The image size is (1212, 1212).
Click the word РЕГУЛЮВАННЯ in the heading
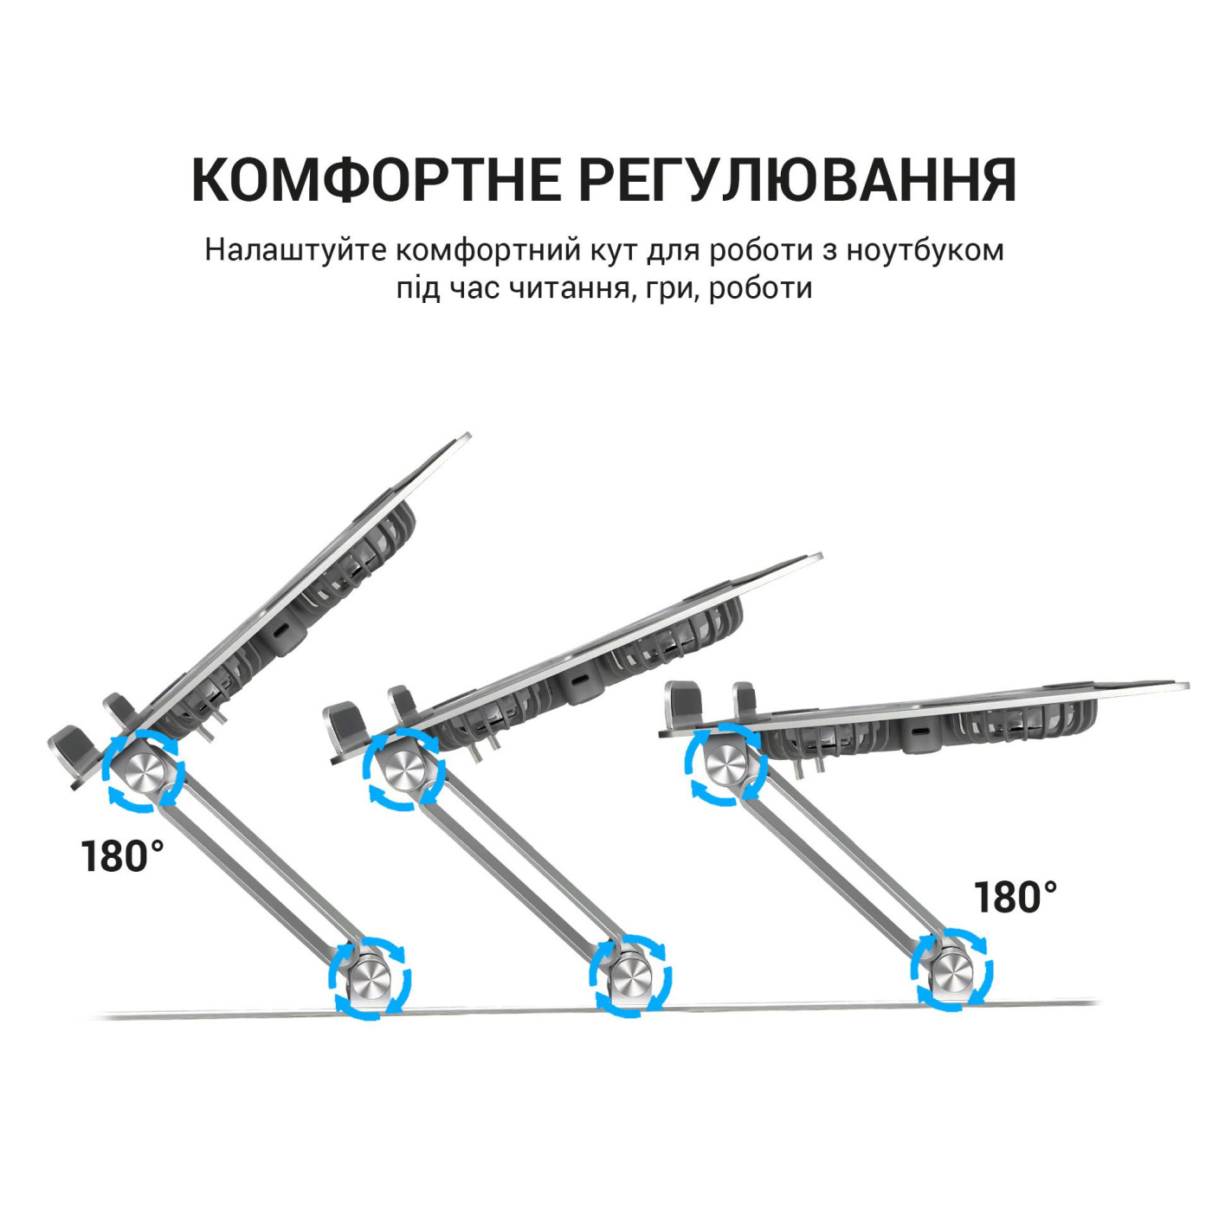pyautogui.click(x=796, y=180)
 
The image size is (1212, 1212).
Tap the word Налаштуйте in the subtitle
pyautogui.click(x=296, y=249)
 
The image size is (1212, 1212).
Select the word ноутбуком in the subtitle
pyautogui.click(x=925, y=249)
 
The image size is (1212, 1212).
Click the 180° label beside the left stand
pyautogui.click(x=122, y=857)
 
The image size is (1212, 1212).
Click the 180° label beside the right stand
pyautogui.click(x=1015, y=898)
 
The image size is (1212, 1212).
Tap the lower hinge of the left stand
pyautogui.click(x=370, y=977)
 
